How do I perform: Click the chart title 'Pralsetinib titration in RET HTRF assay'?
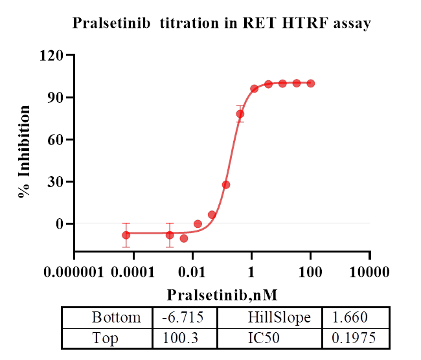click(222, 24)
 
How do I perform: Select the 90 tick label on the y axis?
click(58, 98)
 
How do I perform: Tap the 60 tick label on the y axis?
click(58, 140)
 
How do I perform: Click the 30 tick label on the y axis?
click(58, 182)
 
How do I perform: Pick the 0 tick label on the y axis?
click(62, 224)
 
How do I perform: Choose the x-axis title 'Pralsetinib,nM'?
click(222, 295)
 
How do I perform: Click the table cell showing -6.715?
click(185, 318)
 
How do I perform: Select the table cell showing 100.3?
click(185, 338)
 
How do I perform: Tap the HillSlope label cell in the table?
click(279, 318)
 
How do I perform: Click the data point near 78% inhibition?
click(240, 114)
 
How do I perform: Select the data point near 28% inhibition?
click(226, 185)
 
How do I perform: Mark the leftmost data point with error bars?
click(126, 235)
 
